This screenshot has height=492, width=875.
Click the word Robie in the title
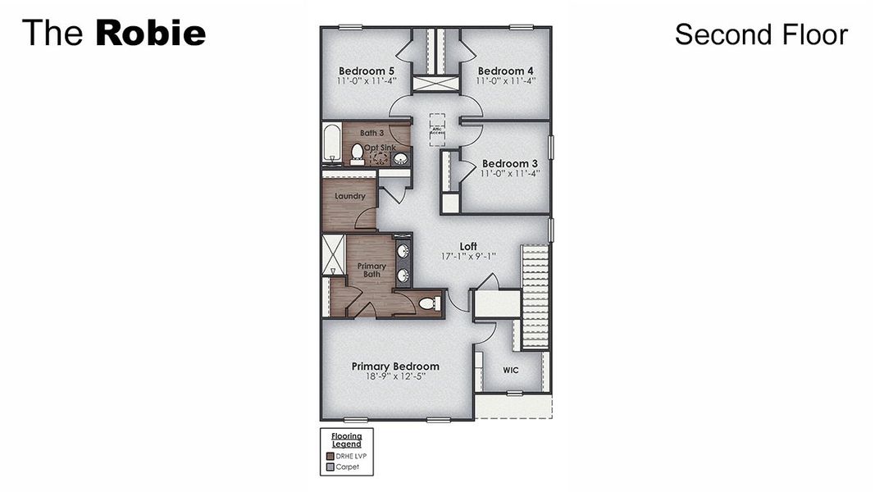150,34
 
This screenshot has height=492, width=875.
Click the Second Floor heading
760,34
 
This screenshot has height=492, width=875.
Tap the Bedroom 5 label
367,71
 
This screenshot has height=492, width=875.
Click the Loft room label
468,246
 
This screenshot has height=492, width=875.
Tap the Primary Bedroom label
395,367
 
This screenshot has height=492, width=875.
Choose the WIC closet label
511,370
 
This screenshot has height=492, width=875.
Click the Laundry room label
349,196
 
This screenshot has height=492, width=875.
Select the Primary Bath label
371,270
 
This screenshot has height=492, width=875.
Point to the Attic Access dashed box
436,130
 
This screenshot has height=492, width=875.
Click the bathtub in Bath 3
331,143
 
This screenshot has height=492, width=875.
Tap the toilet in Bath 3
358,153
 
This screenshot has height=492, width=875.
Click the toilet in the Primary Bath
427,303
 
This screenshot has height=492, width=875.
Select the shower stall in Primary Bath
333,254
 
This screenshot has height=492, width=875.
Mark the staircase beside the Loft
535,295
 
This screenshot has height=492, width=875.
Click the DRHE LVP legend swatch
330,456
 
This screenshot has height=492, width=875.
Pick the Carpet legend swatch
330,467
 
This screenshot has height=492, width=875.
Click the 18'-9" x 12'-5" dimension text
395,377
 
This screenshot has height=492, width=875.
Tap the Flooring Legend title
346,440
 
